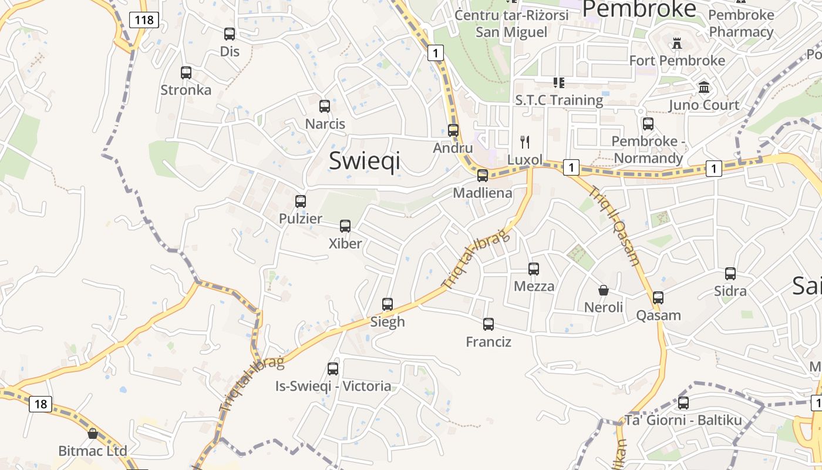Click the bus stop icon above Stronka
tap(186, 73)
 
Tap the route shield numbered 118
tap(144, 20)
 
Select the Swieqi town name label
tap(365, 160)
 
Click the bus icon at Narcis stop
tap(325, 106)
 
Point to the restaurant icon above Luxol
tap(525, 142)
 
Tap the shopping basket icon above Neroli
tap(603, 290)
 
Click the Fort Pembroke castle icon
tap(676, 43)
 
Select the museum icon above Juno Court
tap(704, 88)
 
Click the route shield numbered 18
tap(40, 404)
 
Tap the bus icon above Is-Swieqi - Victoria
tap(333, 369)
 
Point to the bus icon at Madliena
tap(482, 175)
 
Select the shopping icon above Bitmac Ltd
tap(93, 434)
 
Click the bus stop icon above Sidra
tap(730, 274)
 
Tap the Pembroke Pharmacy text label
tap(741, 23)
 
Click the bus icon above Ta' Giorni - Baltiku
tap(683, 403)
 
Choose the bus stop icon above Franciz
tap(488, 324)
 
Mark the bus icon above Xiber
tap(345, 226)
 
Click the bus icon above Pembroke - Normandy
tap(648, 124)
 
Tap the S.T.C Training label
tap(559, 100)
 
